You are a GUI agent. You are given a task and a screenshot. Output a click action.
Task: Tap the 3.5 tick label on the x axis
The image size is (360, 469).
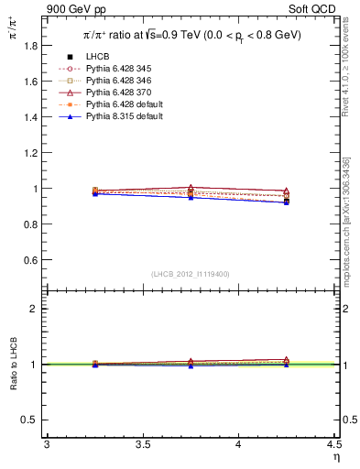coord(143,444)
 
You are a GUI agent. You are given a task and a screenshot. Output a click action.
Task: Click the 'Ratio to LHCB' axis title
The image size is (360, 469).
coord(14,365)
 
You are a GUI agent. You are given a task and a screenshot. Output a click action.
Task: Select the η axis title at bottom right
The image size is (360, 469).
coord(335,456)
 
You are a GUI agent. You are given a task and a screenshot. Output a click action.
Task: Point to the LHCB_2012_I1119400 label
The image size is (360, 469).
coord(191,274)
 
